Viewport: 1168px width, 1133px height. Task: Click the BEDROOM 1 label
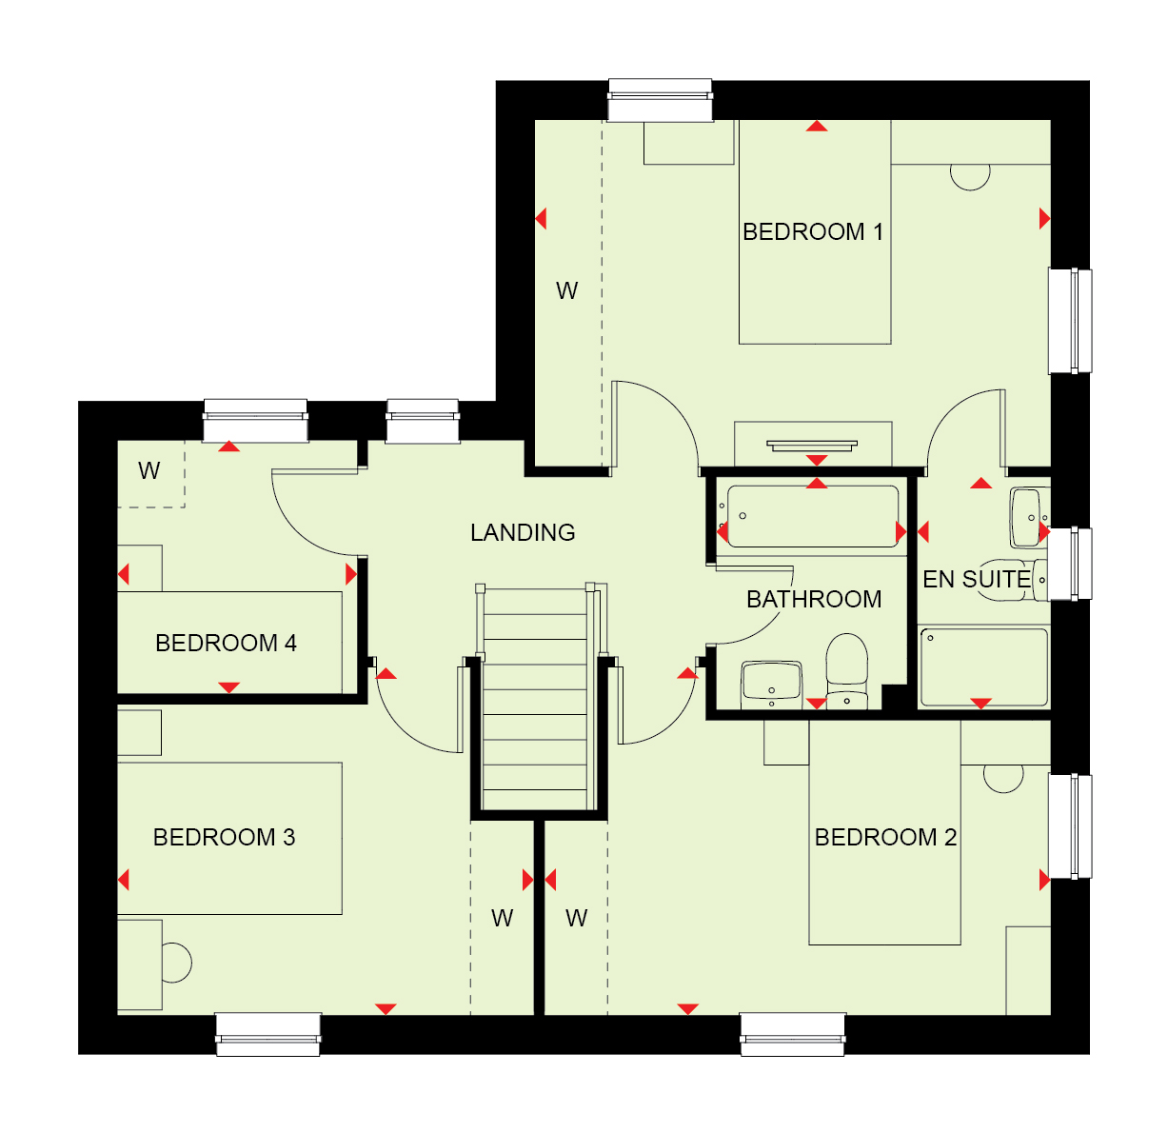[813, 232]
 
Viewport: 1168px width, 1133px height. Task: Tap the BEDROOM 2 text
[885, 837]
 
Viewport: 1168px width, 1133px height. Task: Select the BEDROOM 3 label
[224, 837]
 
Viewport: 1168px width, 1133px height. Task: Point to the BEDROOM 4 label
[226, 643]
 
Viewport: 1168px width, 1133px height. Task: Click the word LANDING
[523, 532]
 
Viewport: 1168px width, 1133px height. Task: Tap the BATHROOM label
[814, 599]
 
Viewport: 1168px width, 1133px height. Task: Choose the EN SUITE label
[977, 580]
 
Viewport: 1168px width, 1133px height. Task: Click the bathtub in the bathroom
[813, 517]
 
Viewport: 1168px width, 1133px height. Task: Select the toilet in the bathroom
[847, 671]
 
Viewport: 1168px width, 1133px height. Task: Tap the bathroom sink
[772, 686]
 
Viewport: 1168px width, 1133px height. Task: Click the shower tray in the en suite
[984, 667]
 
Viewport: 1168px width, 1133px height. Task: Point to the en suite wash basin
[1029, 518]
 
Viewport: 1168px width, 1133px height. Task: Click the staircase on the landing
[535, 697]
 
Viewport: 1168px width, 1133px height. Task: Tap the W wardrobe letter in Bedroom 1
[566, 291]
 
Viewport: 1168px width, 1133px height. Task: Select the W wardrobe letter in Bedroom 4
[148, 471]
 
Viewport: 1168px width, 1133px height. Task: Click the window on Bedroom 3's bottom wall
[268, 1034]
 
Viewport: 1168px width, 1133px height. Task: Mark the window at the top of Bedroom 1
[660, 100]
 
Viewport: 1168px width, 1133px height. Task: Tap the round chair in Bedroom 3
[176, 964]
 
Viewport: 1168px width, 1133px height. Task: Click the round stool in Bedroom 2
[1003, 780]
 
